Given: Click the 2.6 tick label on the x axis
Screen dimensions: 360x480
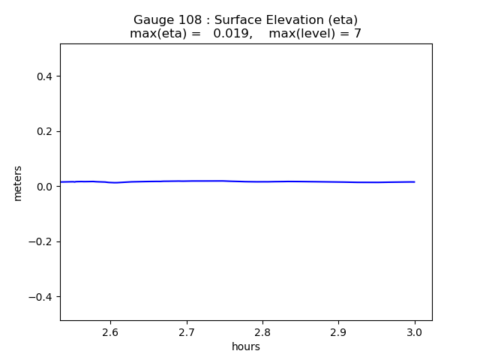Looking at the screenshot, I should (110, 331).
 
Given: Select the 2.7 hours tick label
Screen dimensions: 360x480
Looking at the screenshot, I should (187, 331).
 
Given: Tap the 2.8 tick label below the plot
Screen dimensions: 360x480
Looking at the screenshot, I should (262, 331).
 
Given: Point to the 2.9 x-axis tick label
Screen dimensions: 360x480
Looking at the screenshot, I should (338, 331).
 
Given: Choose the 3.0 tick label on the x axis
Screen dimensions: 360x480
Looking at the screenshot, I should (415, 331).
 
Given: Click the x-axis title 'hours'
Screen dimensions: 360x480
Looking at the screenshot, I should (246, 346).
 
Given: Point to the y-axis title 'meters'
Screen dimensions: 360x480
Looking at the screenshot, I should (18, 183).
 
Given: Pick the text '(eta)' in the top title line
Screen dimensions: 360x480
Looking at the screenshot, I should (339, 20).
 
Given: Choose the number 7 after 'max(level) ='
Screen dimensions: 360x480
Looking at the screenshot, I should (358, 34).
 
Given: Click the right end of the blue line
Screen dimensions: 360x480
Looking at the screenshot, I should (415, 181).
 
